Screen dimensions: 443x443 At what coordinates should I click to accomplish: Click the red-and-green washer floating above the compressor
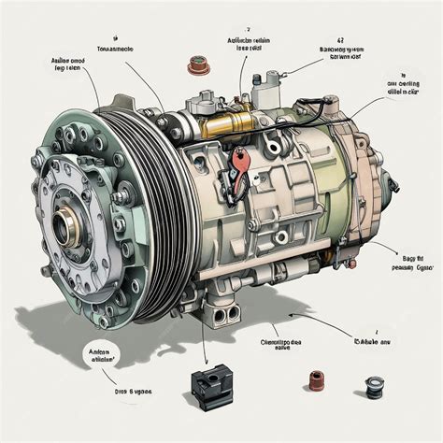(197, 65)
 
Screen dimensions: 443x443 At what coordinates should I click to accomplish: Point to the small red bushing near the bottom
(315, 381)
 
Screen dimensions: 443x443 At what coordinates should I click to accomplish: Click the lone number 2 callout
(248, 29)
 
